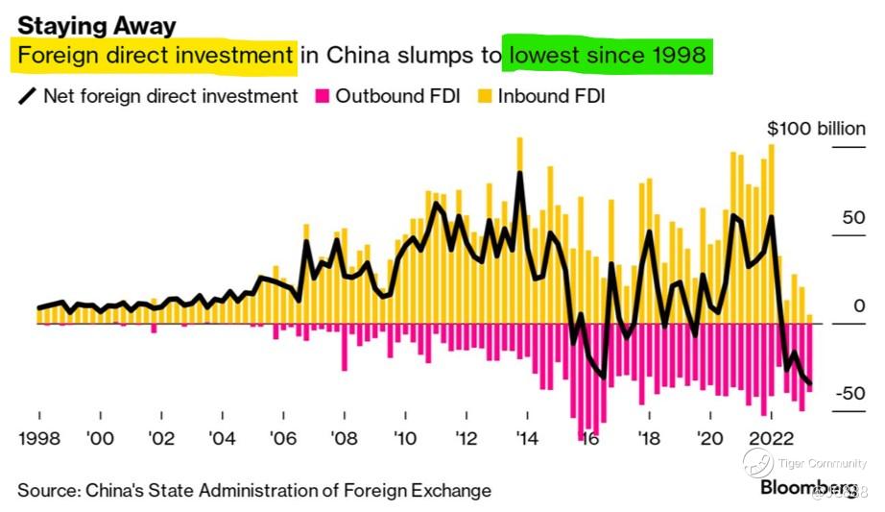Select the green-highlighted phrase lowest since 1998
pos(608,57)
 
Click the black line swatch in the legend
pos(27,97)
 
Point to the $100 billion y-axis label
pos(816,129)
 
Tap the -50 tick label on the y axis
pos(849,394)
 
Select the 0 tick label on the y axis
pos(860,306)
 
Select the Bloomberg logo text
pos(806,487)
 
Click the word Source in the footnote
pos(47,490)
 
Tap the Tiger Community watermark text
pos(822,464)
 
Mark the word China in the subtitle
pos(354,57)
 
